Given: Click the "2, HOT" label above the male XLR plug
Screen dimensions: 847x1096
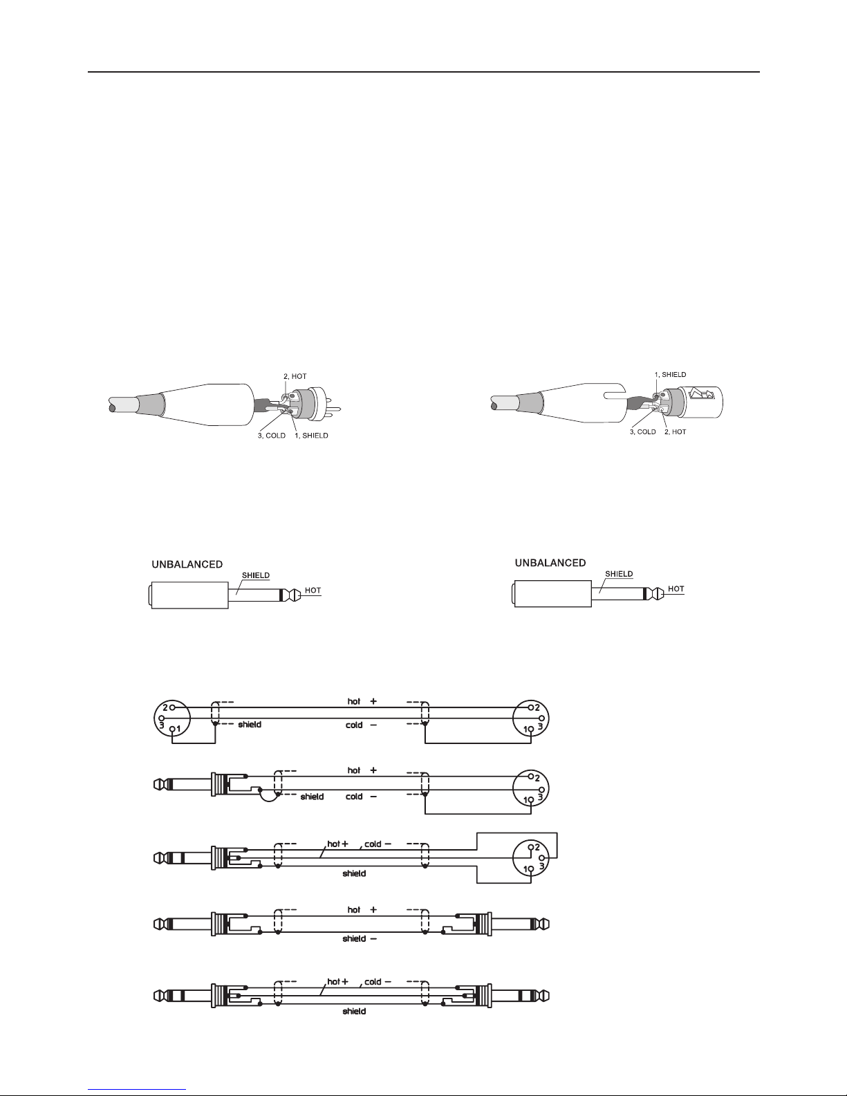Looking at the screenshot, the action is pyautogui.click(x=295, y=376).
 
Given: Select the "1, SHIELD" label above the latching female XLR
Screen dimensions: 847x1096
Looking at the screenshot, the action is pyautogui.click(x=670, y=374).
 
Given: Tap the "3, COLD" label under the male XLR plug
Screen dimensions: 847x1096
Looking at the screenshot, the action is pyautogui.click(x=272, y=435).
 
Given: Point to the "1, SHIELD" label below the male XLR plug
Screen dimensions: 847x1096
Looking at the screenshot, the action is pyautogui.click(x=312, y=435).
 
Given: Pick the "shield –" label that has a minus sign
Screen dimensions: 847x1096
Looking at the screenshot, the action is pyautogui.click(x=360, y=938).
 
